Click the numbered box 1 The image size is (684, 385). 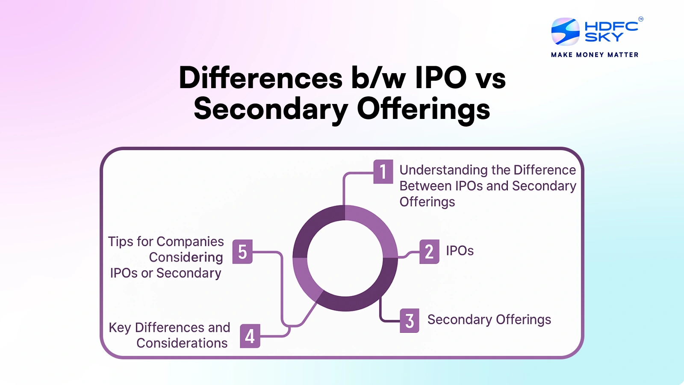383,172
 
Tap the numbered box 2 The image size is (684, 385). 429,252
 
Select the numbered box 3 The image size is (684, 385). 410,320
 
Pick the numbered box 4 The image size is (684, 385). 250,336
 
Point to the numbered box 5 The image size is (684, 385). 242,252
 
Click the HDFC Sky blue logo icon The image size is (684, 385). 565,32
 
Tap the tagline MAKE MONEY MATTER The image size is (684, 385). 595,55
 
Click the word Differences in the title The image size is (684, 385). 261,78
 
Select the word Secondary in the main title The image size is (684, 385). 271,109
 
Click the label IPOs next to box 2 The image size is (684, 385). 460,251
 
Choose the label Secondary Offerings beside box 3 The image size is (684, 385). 489,320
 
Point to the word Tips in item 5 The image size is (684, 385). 121,242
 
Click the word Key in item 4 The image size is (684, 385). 120,328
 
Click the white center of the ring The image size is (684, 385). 345,258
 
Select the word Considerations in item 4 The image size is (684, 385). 182,343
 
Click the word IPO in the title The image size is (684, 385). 441,78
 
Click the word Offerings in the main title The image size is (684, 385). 423,109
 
